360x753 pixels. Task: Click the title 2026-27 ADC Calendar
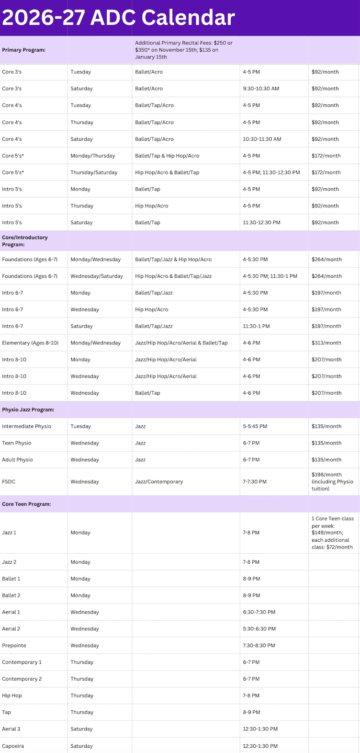(x=118, y=18)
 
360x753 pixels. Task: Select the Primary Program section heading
(x=24, y=50)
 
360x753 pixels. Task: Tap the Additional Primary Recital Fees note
(x=184, y=50)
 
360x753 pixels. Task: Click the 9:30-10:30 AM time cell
(x=260, y=89)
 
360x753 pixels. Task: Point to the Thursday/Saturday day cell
(x=94, y=172)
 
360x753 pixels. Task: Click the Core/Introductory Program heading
(x=25, y=241)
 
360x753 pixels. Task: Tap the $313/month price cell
(x=326, y=343)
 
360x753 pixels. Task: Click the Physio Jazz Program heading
(x=28, y=410)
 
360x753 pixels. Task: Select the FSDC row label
(x=9, y=482)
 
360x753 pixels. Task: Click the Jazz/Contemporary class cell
(x=159, y=482)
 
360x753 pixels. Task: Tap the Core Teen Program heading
(x=26, y=504)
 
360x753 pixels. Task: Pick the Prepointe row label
(x=14, y=646)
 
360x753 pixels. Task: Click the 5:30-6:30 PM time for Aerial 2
(x=259, y=629)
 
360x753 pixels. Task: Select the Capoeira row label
(x=13, y=746)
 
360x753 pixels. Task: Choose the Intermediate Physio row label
(x=26, y=426)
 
